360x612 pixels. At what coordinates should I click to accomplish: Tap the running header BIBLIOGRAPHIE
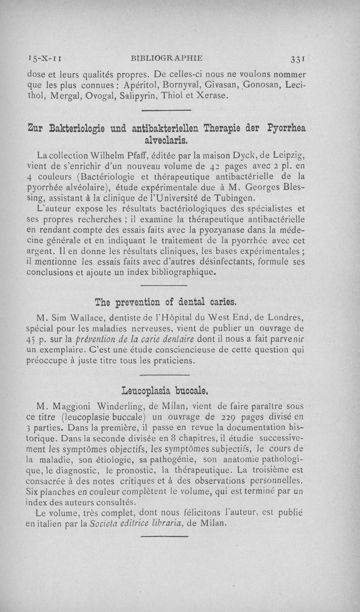pos(166,58)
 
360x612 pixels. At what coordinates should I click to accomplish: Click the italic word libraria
pos(162,524)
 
